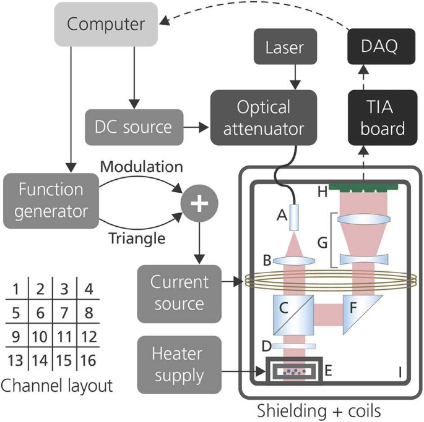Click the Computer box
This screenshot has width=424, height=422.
[x=105, y=24]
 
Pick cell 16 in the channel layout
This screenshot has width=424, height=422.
[x=89, y=361]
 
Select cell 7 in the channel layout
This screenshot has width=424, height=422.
[x=65, y=313]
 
